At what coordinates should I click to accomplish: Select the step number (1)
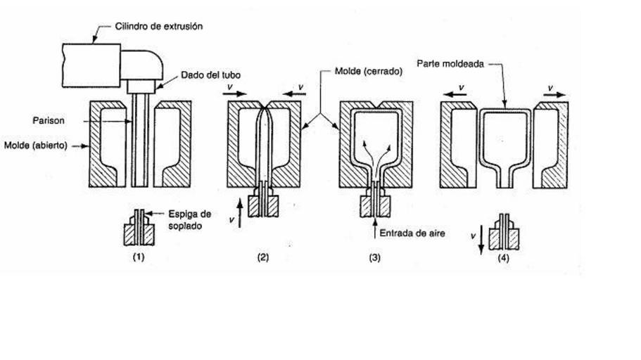click(x=139, y=257)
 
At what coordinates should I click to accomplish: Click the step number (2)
click(x=262, y=257)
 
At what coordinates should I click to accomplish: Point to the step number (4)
click(x=503, y=257)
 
